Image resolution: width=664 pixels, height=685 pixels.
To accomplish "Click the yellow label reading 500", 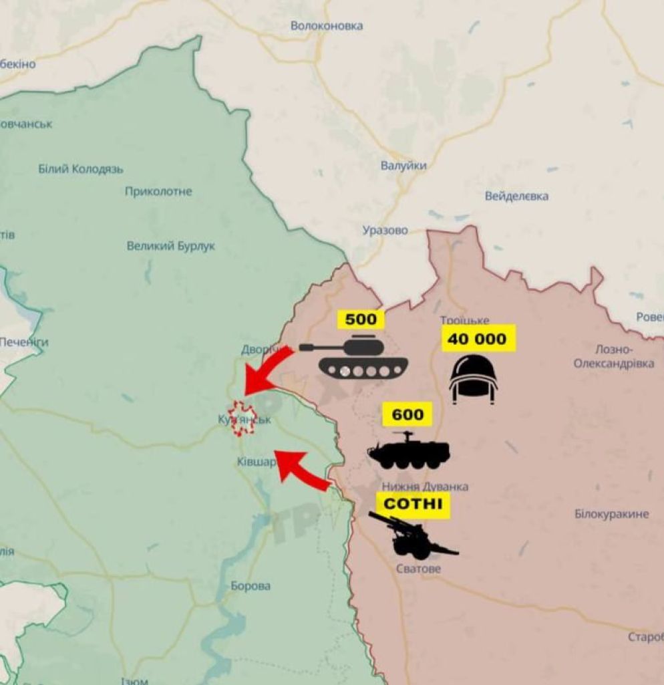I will [361, 319].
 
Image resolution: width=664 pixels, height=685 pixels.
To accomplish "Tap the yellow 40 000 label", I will [477, 339].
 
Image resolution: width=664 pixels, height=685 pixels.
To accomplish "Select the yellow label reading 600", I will [407, 415].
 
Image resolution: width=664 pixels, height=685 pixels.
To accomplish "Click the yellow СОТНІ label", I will [412, 503].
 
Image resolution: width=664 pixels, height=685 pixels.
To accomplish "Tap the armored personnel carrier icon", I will [409, 450].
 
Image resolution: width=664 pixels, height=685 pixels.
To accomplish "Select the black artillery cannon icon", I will [410, 537].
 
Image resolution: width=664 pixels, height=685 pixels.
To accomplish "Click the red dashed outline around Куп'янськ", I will [241, 419].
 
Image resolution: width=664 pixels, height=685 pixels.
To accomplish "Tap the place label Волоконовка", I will [327, 26].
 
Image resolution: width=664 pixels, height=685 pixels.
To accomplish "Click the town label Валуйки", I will [403, 166].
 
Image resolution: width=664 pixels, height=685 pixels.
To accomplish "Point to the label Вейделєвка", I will [517, 196].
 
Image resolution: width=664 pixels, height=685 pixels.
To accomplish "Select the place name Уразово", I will [385, 231].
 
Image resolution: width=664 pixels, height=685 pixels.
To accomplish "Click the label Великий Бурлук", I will [171, 247].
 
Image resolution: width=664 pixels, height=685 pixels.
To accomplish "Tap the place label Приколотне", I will [158, 192].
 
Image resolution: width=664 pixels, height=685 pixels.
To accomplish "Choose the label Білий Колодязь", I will [81, 169].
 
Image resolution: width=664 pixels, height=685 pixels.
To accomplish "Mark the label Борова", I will [251, 586].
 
